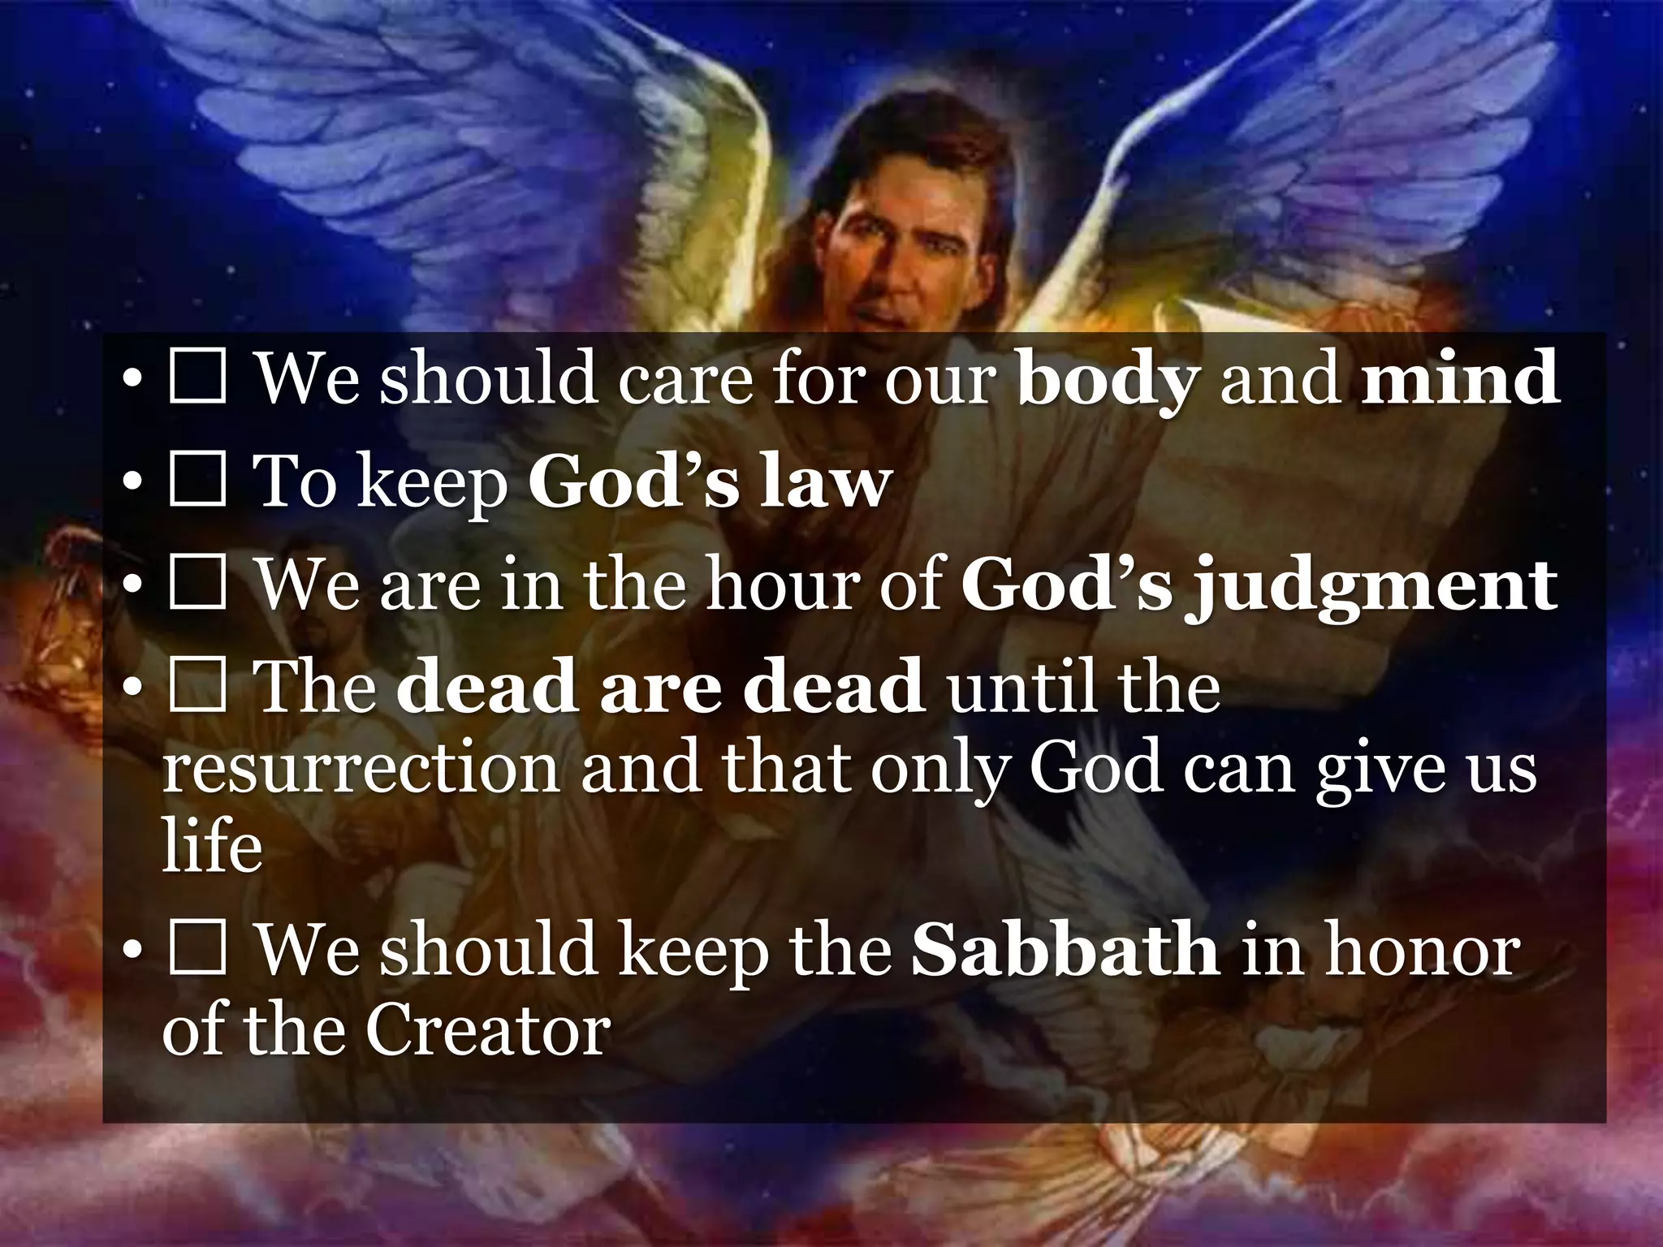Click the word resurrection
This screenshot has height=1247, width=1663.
click(361, 768)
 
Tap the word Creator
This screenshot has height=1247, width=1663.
click(487, 1032)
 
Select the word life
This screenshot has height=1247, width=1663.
click(213, 845)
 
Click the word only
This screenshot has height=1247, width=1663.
click(939, 768)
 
